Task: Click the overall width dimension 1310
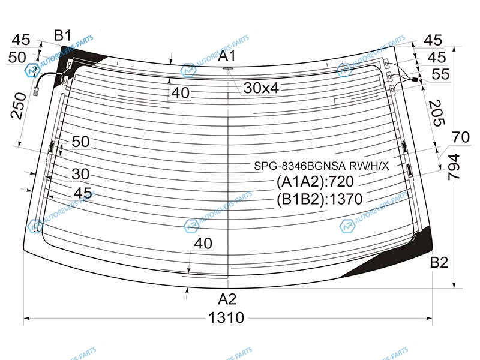(226, 317)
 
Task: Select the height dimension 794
(454, 167)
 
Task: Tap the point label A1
(227, 56)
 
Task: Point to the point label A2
(227, 299)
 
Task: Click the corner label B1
(63, 35)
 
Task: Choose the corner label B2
(439, 262)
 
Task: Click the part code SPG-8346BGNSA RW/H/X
(322, 166)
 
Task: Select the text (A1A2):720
(315, 182)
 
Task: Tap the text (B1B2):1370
(319, 199)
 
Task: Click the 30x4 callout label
(261, 88)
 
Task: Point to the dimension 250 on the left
(19, 106)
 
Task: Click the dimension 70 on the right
(461, 137)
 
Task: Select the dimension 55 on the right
(440, 74)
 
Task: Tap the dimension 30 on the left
(80, 174)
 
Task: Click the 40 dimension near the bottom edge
(203, 244)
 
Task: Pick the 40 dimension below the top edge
(181, 93)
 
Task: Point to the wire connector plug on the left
(36, 91)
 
